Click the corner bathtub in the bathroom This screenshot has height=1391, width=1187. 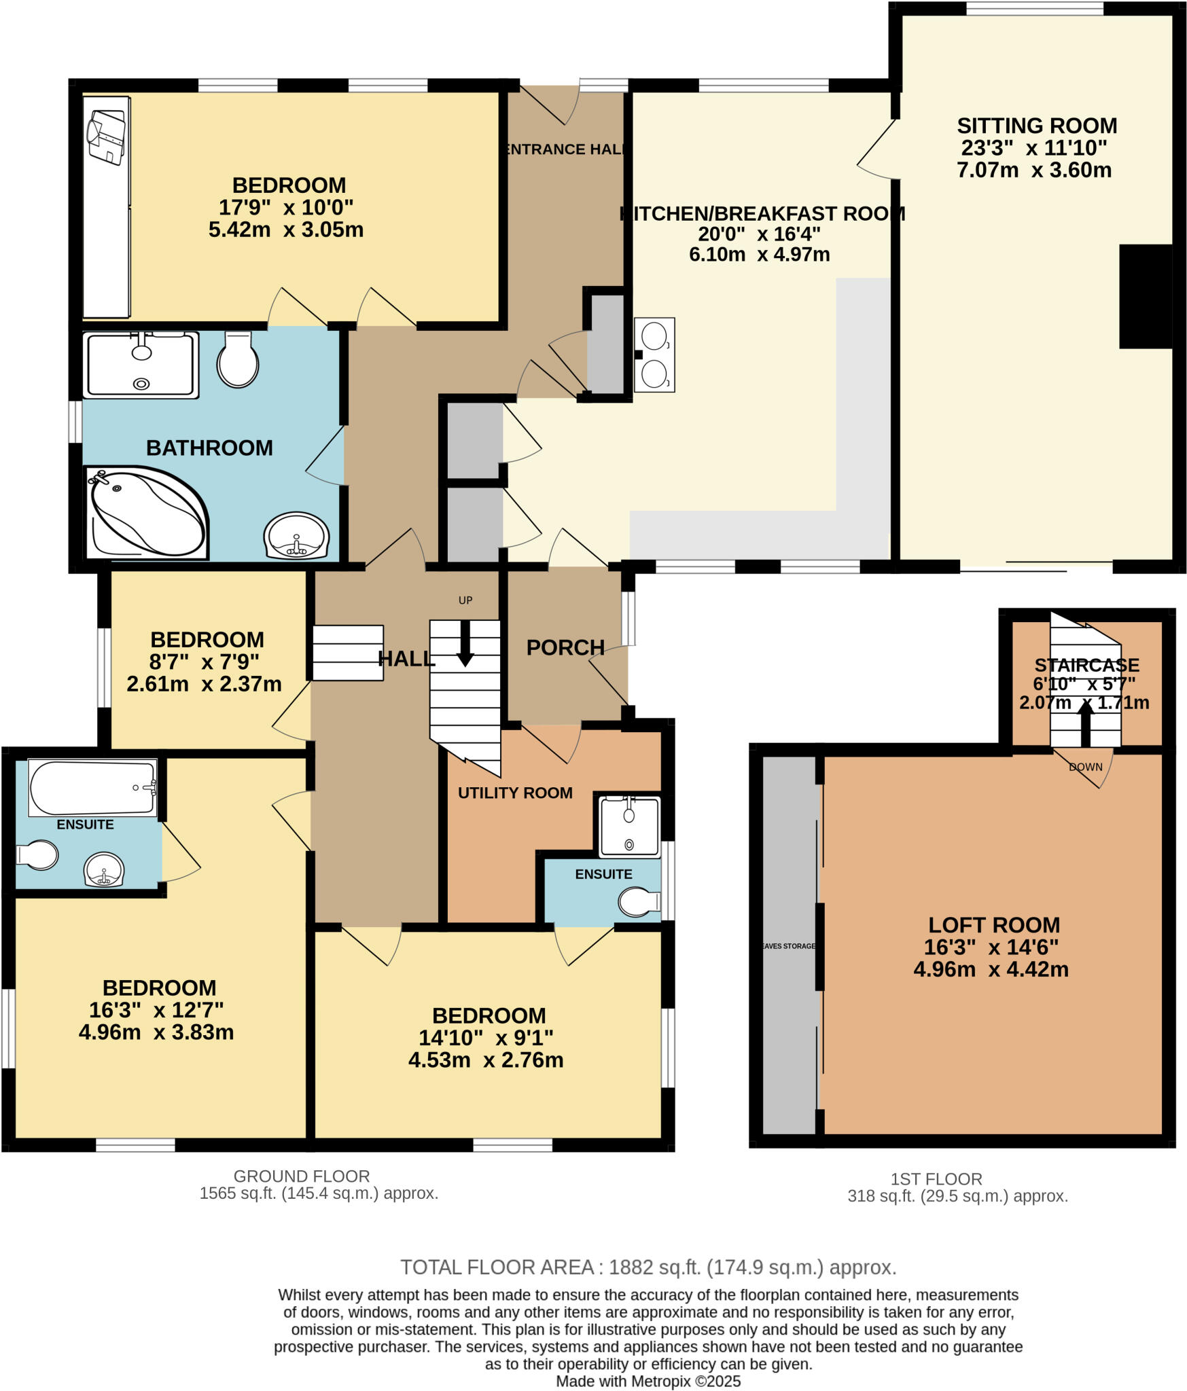point(146,511)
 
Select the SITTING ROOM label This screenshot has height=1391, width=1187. point(1036,126)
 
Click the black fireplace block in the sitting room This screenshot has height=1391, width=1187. point(1145,296)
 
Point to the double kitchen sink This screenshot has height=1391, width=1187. point(654,355)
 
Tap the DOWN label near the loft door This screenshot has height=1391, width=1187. point(1085,767)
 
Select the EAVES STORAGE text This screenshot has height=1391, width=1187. point(787,945)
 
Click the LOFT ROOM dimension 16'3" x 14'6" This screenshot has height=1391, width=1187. point(991,947)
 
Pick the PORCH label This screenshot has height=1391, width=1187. point(565,647)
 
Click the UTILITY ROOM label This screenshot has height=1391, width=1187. point(515,793)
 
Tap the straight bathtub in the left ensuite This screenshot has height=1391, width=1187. point(92,787)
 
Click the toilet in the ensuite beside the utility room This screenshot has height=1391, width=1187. point(637,902)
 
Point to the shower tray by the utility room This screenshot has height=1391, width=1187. point(629,826)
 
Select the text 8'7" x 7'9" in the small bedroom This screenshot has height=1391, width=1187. point(205,662)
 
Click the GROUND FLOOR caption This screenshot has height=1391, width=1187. point(302,1176)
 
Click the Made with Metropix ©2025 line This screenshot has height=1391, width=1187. point(648,1381)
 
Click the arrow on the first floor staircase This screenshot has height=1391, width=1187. point(1085,723)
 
